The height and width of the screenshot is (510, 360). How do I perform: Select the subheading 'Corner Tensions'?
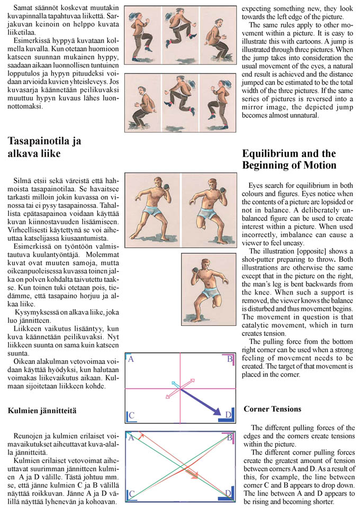272,409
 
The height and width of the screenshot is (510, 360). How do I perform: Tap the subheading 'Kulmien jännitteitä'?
43,410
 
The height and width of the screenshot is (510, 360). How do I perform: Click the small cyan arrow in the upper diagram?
175,384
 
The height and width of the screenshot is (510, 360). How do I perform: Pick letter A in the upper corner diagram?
131,360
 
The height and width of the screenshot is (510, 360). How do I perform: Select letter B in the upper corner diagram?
230,360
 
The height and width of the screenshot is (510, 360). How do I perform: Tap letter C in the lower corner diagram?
132,494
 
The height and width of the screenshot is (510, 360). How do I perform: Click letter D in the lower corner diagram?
228,494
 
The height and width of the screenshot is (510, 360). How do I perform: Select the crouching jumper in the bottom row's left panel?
143,102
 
